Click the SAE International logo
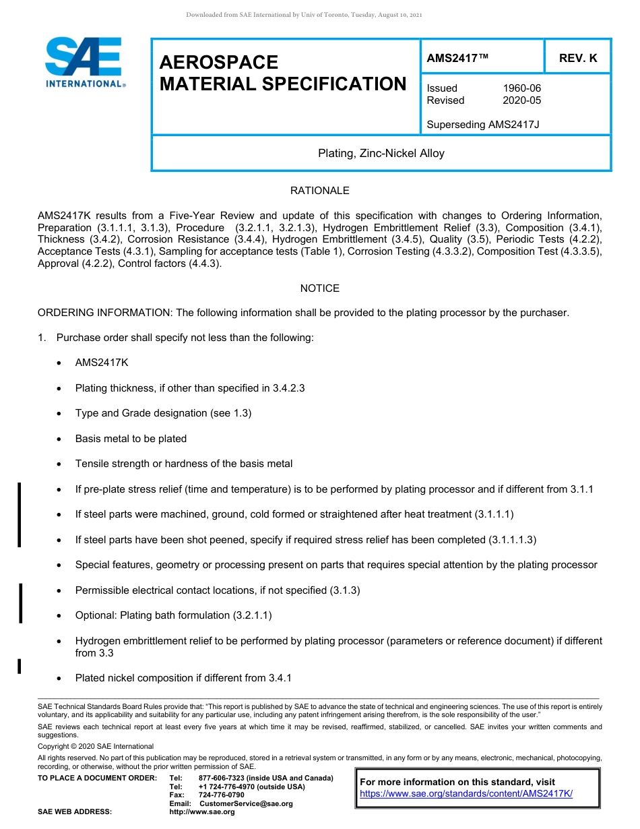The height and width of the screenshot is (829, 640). click(x=84, y=63)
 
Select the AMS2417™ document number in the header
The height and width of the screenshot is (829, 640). click(x=457, y=59)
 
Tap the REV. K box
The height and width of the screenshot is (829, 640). click(x=577, y=59)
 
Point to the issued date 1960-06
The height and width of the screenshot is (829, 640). click(x=521, y=88)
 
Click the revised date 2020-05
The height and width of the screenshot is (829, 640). click(x=521, y=100)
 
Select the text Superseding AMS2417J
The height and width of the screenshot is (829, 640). click(x=483, y=124)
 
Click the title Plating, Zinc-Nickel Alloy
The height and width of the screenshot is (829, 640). click(x=381, y=154)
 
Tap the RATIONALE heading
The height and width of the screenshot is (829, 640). click(x=319, y=191)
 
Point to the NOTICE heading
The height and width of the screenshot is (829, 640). click(x=319, y=288)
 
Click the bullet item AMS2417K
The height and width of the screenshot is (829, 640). click(x=102, y=363)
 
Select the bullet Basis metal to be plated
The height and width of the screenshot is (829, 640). click(x=131, y=439)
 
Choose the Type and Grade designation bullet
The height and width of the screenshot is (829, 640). click(x=163, y=413)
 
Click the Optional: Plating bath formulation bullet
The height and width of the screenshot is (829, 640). click(x=173, y=615)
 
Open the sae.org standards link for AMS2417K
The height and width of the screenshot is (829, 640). click(x=466, y=794)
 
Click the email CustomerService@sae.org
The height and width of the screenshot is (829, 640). click(x=246, y=803)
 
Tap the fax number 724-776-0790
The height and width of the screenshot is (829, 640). click(x=222, y=795)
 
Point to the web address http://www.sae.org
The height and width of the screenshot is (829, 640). click(x=202, y=812)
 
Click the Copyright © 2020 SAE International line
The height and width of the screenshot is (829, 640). click(x=96, y=746)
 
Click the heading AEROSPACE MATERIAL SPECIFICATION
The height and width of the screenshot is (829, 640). click(x=282, y=73)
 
